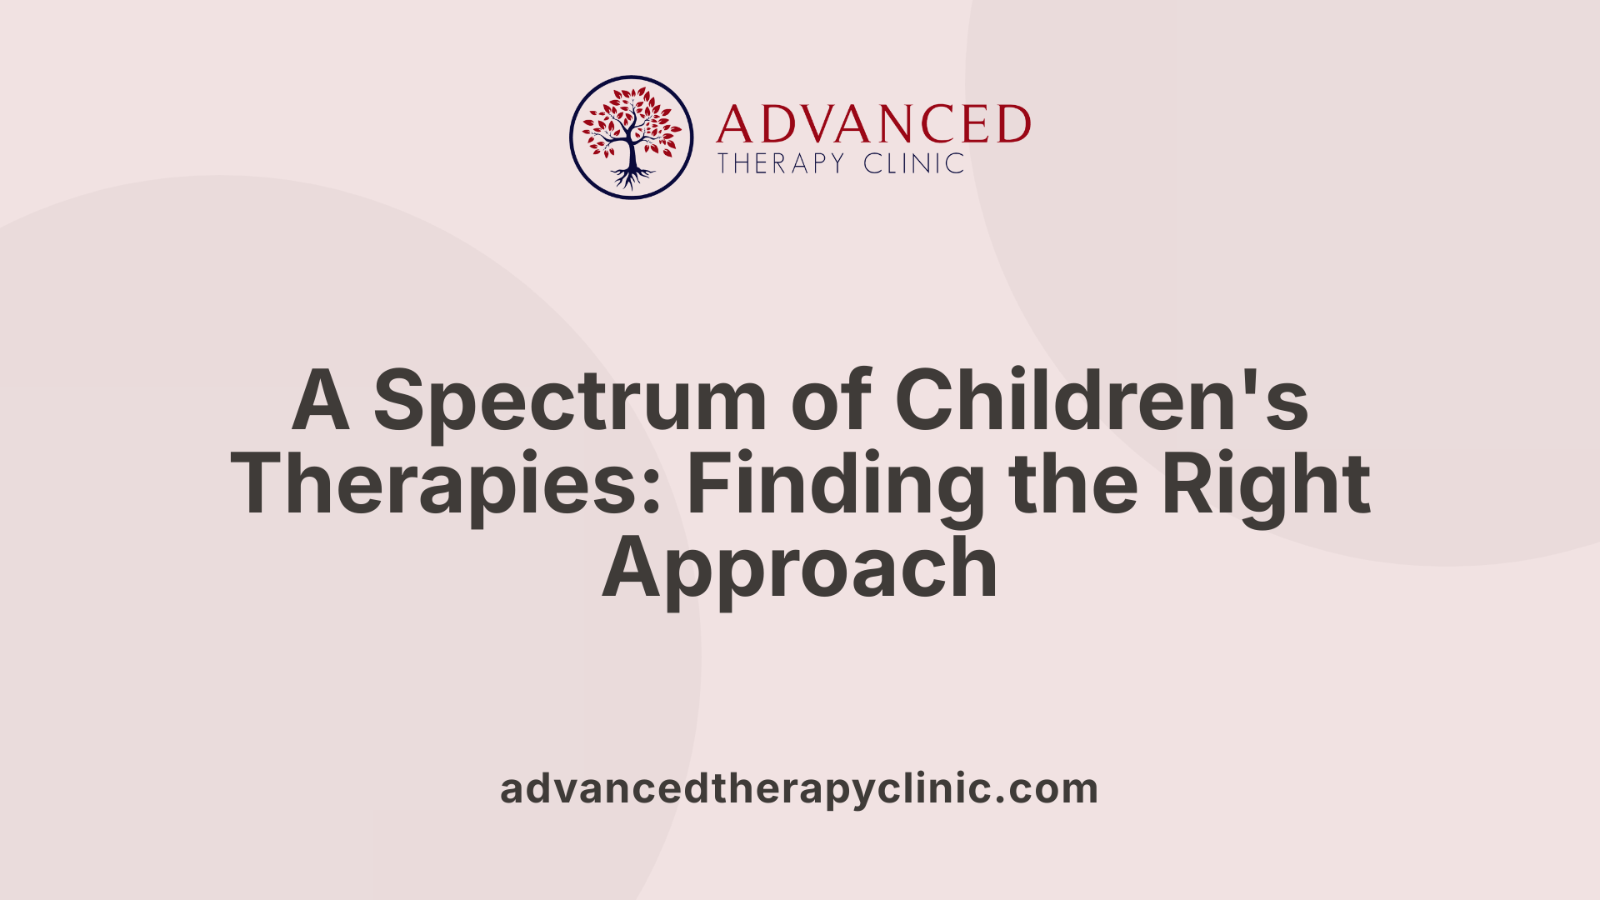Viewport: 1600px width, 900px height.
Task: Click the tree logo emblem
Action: click(632, 137)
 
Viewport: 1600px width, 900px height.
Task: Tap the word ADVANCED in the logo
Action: click(872, 125)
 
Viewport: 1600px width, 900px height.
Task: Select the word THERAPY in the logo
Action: click(781, 163)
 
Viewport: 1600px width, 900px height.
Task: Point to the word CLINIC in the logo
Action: click(913, 163)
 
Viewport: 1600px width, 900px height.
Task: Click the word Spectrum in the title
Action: click(569, 402)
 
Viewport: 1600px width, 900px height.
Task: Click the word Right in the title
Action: click(1266, 485)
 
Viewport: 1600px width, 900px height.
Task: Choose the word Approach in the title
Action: click(800, 570)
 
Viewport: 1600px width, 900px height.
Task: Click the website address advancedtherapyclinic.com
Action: click(799, 789)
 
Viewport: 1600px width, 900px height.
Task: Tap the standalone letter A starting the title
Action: click(320, 401)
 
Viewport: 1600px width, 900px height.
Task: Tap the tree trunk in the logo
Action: click(632, 153)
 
